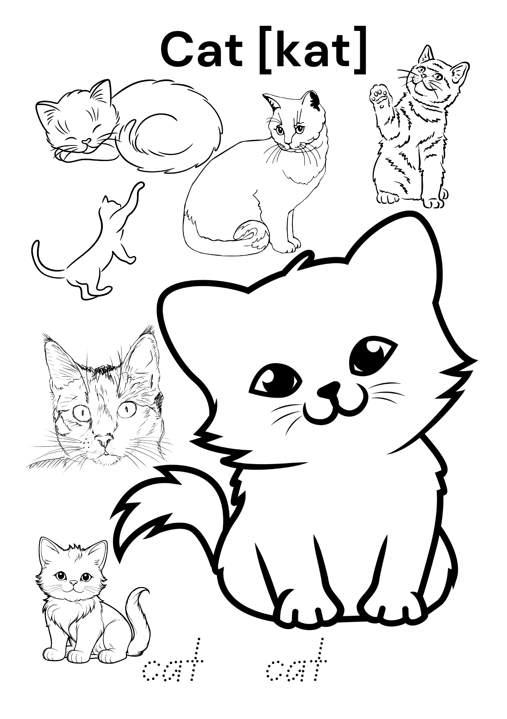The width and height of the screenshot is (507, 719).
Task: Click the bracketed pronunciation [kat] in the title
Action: coord(313,50)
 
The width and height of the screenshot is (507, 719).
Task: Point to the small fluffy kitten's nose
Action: coord(73,592)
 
